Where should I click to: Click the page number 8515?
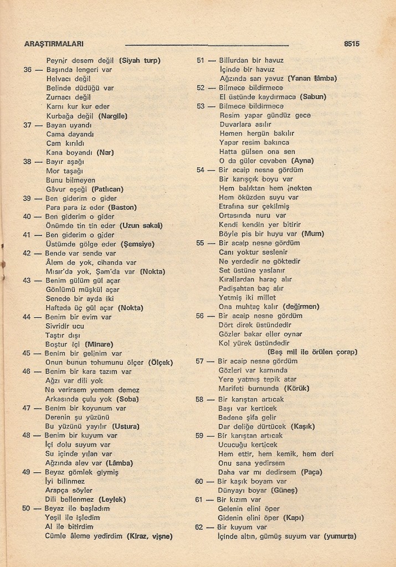(352, 43)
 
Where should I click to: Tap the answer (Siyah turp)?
(143, 60)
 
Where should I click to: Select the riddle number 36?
(28, 70)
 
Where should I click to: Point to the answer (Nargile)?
(113, 116)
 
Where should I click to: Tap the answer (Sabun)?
(313, 97)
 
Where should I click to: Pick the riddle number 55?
(200, 243)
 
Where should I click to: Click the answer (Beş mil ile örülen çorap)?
(312, 352)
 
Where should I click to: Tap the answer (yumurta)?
(340, 536)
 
